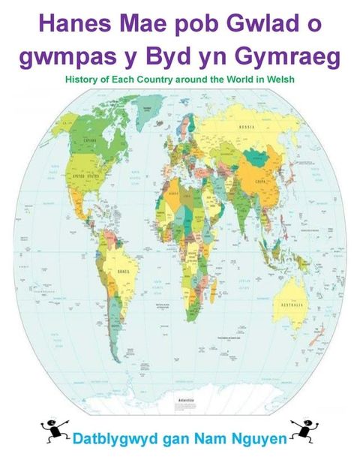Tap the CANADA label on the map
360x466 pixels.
pos(71,140)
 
